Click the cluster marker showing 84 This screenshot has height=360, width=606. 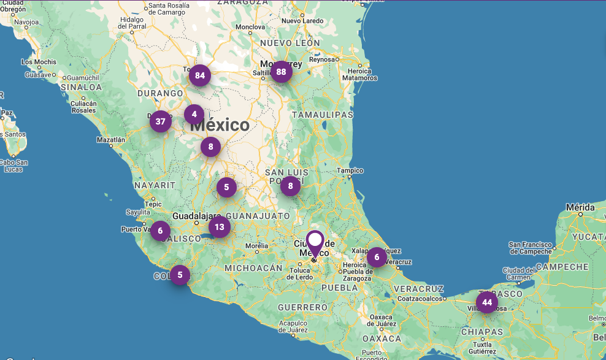pyautogui.click(x=199, y=76)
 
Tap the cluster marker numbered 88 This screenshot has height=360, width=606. pyautogui.click(x=281, y=72)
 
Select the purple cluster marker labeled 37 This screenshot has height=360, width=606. pyautogui.click(x=160, y=121)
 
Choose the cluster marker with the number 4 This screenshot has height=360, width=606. pyautogui.click(x=194, y=114)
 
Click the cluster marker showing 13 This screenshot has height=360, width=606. pyautogui.click(x=219, y=228)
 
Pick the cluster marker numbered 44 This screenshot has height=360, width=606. pyautogui.click(x=486, y=302)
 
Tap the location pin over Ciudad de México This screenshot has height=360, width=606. pyautogui.click(x=315, y=244)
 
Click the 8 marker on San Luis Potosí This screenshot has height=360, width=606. pyautogui.click(x=290, y=185)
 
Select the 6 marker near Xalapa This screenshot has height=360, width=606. pyautogui.click(x=377, y=257)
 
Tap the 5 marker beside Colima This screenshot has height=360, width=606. pyautogui.click(x=180, y=275)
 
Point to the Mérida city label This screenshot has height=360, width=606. pyautogui.click(x=580, y=207)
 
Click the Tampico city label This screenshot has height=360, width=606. pyautogui.click(x=350, y=170)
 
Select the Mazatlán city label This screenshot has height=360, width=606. pyautogui.click(x=110, y=140)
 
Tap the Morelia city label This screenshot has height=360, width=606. pyautogui.click(x=256, y=246)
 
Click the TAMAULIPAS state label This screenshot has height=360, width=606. pyautogui.click(x=323, y=115)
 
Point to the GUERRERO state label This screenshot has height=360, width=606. pyautogui.click(x=302, y=307)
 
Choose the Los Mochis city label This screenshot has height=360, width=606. pyautogui.click(x=39, y=62)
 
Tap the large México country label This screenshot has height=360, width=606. pyautogui.click(x=220, y=126)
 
